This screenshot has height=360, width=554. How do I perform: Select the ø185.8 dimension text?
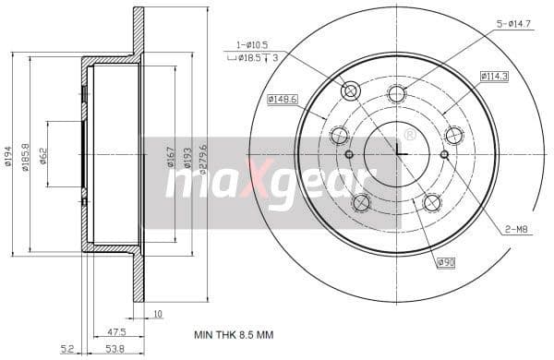[25, 155]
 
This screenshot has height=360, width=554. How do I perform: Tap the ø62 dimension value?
[43, 154]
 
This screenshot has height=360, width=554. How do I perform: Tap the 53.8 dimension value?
[116, 348]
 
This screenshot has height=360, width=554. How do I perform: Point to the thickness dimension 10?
[158, 315]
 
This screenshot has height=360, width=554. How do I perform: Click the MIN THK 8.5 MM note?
[234, 334]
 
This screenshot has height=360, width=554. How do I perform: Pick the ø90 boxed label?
[446, 261]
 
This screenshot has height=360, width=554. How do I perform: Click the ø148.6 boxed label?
[283, 99]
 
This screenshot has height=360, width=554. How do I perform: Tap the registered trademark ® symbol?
[410, 135]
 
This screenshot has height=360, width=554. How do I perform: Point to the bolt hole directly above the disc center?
[397, 93]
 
